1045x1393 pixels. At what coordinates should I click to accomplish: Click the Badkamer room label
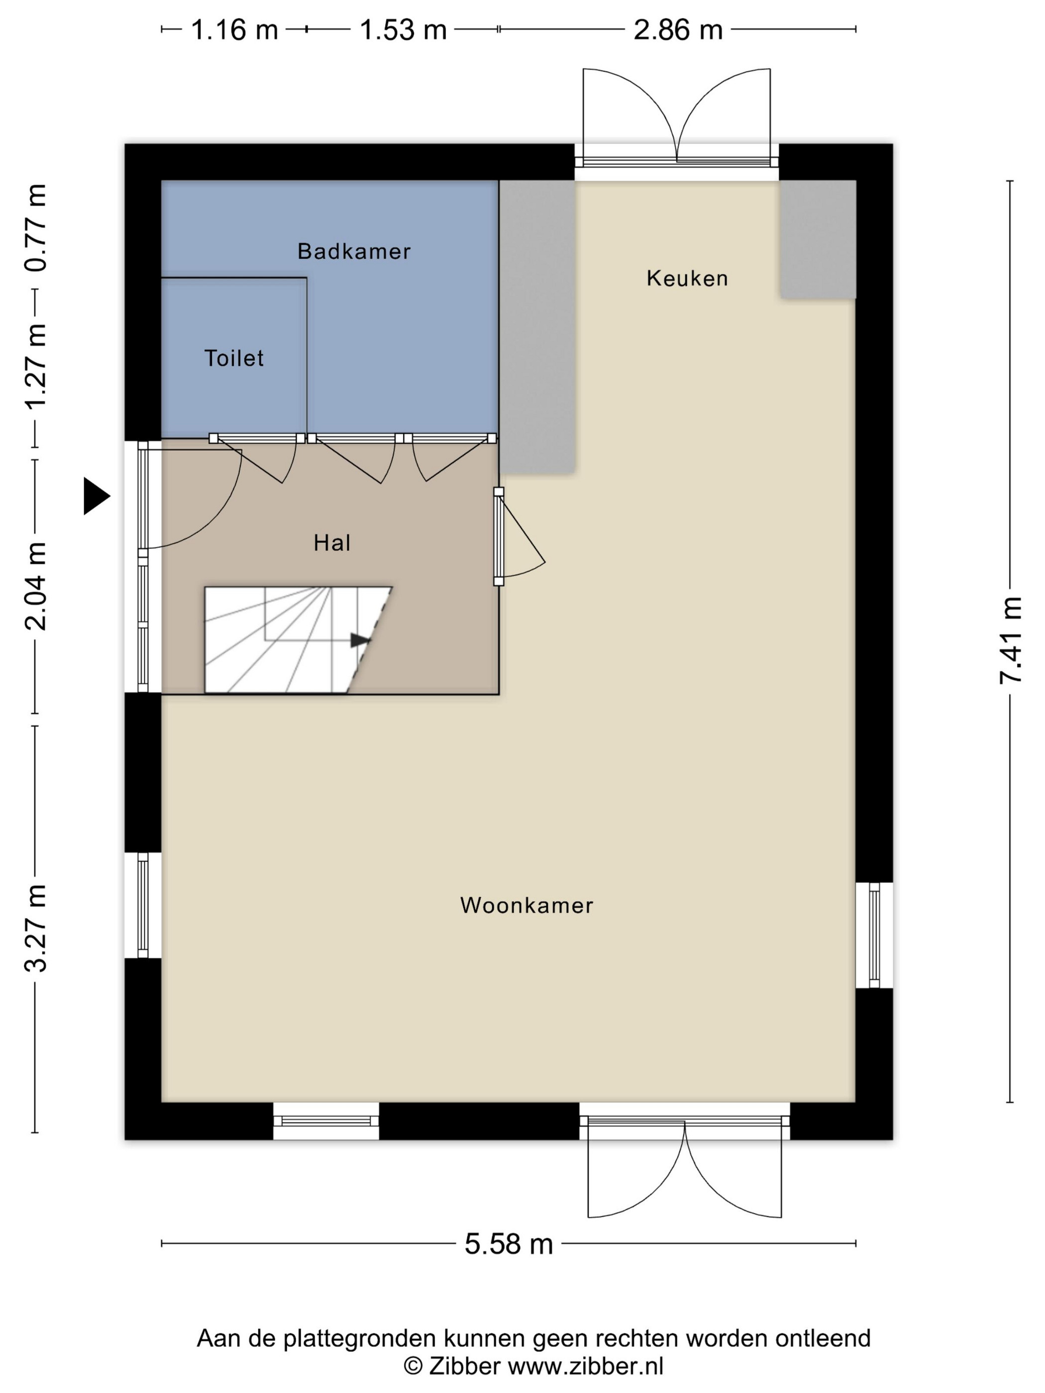tap(354, 251)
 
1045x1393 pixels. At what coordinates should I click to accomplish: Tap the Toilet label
tap(234, 358)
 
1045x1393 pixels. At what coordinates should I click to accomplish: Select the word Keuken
tap(687, 278)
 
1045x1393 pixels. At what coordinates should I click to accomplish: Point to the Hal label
tap(332, 543)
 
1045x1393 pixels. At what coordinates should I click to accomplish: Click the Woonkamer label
tap(526, 905)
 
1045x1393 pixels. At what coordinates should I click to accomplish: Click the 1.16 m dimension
tap(234, 29)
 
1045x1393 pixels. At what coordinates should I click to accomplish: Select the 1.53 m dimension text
tap(403, 29)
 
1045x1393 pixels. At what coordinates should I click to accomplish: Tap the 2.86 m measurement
tap(678, 29)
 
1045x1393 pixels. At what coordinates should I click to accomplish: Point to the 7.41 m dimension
tap(1010, 640)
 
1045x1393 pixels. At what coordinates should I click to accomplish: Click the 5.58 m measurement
tap(509, 1244)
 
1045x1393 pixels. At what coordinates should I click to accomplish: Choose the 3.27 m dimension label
tap(36, 928)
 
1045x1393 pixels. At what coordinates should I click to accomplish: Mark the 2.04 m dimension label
tap(36, 586)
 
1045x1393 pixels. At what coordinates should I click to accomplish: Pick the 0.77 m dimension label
tap(36, 228)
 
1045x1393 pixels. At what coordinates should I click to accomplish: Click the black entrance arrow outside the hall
tap(97, 496)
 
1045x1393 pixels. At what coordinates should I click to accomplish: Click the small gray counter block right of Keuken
tap(818, 239)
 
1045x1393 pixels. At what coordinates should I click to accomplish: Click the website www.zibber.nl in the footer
tap(586, 1366)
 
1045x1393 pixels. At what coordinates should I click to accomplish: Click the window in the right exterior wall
tap(874, 935)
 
